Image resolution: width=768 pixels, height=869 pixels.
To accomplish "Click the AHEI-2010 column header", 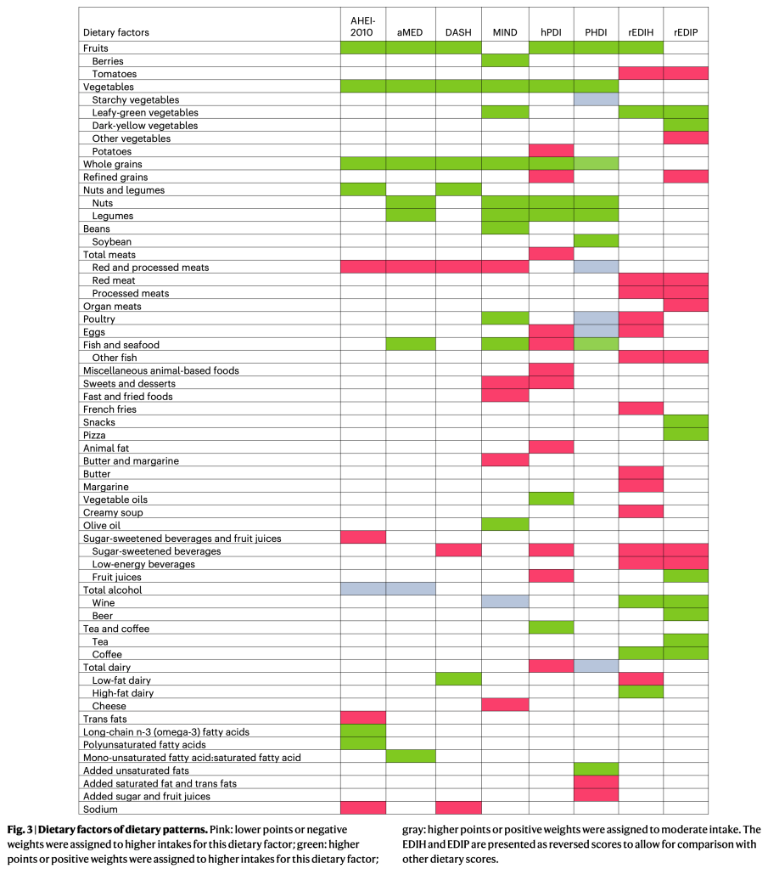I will click(362, 25).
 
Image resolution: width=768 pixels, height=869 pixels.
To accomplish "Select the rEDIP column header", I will click(686, 32).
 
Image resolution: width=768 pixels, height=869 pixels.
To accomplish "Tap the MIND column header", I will click(504, 32).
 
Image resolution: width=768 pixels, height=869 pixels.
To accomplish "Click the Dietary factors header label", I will click(116, 32).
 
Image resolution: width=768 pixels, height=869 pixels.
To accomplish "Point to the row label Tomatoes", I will click(115, 74).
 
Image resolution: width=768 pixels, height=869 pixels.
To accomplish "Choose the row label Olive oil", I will click(102, 525).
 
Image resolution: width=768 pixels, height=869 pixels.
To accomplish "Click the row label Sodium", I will click(100, 809).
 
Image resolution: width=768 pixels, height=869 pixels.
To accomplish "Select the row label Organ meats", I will click(112, 306).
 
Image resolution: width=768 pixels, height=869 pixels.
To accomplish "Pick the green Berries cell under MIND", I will click(504, 61).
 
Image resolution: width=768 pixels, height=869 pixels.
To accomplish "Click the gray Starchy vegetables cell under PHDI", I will click(596, 99).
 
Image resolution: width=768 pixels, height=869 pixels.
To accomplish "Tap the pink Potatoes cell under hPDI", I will click(551, 151).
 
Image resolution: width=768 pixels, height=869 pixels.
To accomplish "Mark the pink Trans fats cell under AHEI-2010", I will click(362, 719).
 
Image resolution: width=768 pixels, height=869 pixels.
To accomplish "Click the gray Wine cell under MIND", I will click(504, 602).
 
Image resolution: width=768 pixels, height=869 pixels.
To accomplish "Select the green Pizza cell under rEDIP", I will click(686, 435).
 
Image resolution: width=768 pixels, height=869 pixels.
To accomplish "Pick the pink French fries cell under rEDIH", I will click(641, 409).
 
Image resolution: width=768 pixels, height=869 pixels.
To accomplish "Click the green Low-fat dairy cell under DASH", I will click(458, 680).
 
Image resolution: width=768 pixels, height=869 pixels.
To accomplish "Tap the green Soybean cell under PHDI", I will click(596, 241).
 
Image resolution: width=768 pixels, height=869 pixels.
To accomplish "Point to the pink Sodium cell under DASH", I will click(458, 809).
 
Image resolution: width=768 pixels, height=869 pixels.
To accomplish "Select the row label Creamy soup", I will click(113, 512).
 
